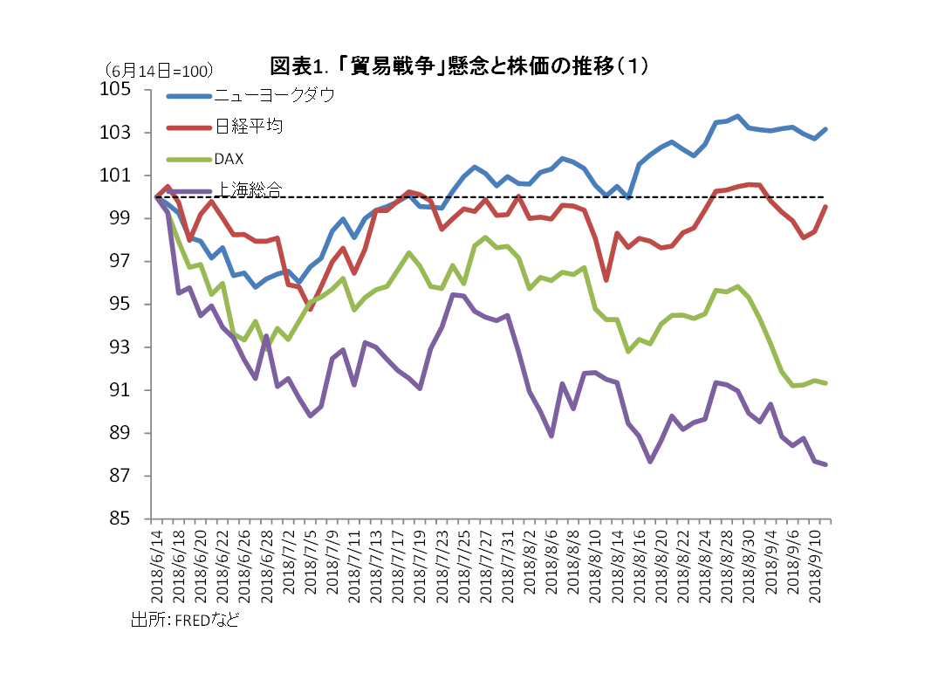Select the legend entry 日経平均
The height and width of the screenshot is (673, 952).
[248, 127]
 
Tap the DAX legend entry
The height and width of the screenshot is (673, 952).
[228, 159]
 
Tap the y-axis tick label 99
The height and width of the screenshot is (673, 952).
[123, 218]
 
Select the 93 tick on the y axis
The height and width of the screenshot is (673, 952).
[123, 347]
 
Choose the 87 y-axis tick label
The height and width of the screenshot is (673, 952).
[123, 476]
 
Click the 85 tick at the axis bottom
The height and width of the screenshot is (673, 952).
[123, 518]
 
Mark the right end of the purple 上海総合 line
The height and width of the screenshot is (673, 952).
[825, 464]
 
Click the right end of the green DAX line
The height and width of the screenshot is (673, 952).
[825, 382]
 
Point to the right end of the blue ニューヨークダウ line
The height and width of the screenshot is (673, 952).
[825, 129]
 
